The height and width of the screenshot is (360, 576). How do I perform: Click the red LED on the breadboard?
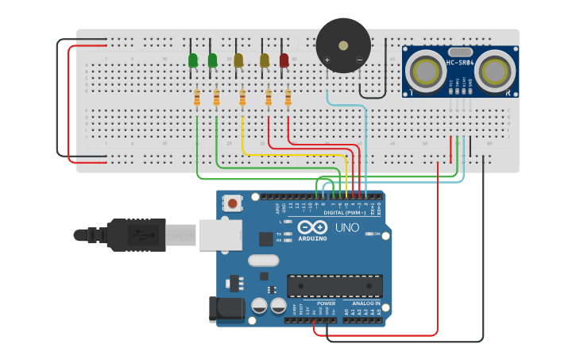[x=284, y=60]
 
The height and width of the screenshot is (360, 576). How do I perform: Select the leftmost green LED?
[x=193, y=60]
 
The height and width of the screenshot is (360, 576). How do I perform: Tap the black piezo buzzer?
[x=343, y=45]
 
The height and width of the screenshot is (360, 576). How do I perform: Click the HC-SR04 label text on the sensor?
[x=460, y=63]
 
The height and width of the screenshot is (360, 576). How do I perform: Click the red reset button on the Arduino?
[x=232, y=203]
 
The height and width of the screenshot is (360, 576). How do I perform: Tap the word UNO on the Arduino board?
[x=346, y=228]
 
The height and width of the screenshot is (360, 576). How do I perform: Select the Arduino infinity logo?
[x=312, y=227]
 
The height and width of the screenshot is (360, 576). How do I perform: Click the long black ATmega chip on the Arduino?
[x=334, y=286]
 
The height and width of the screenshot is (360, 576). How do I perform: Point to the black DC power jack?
[x=225, y=310]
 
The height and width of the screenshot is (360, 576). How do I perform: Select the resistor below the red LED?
[x=288, y=98]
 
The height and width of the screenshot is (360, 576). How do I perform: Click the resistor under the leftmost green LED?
[x=197, y=98]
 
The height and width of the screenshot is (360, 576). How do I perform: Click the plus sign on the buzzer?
[x=327, y=60]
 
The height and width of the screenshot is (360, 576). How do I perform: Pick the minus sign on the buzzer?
[x=359, y=60]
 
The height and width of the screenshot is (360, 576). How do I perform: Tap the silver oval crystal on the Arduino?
[x=264, y=260]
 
